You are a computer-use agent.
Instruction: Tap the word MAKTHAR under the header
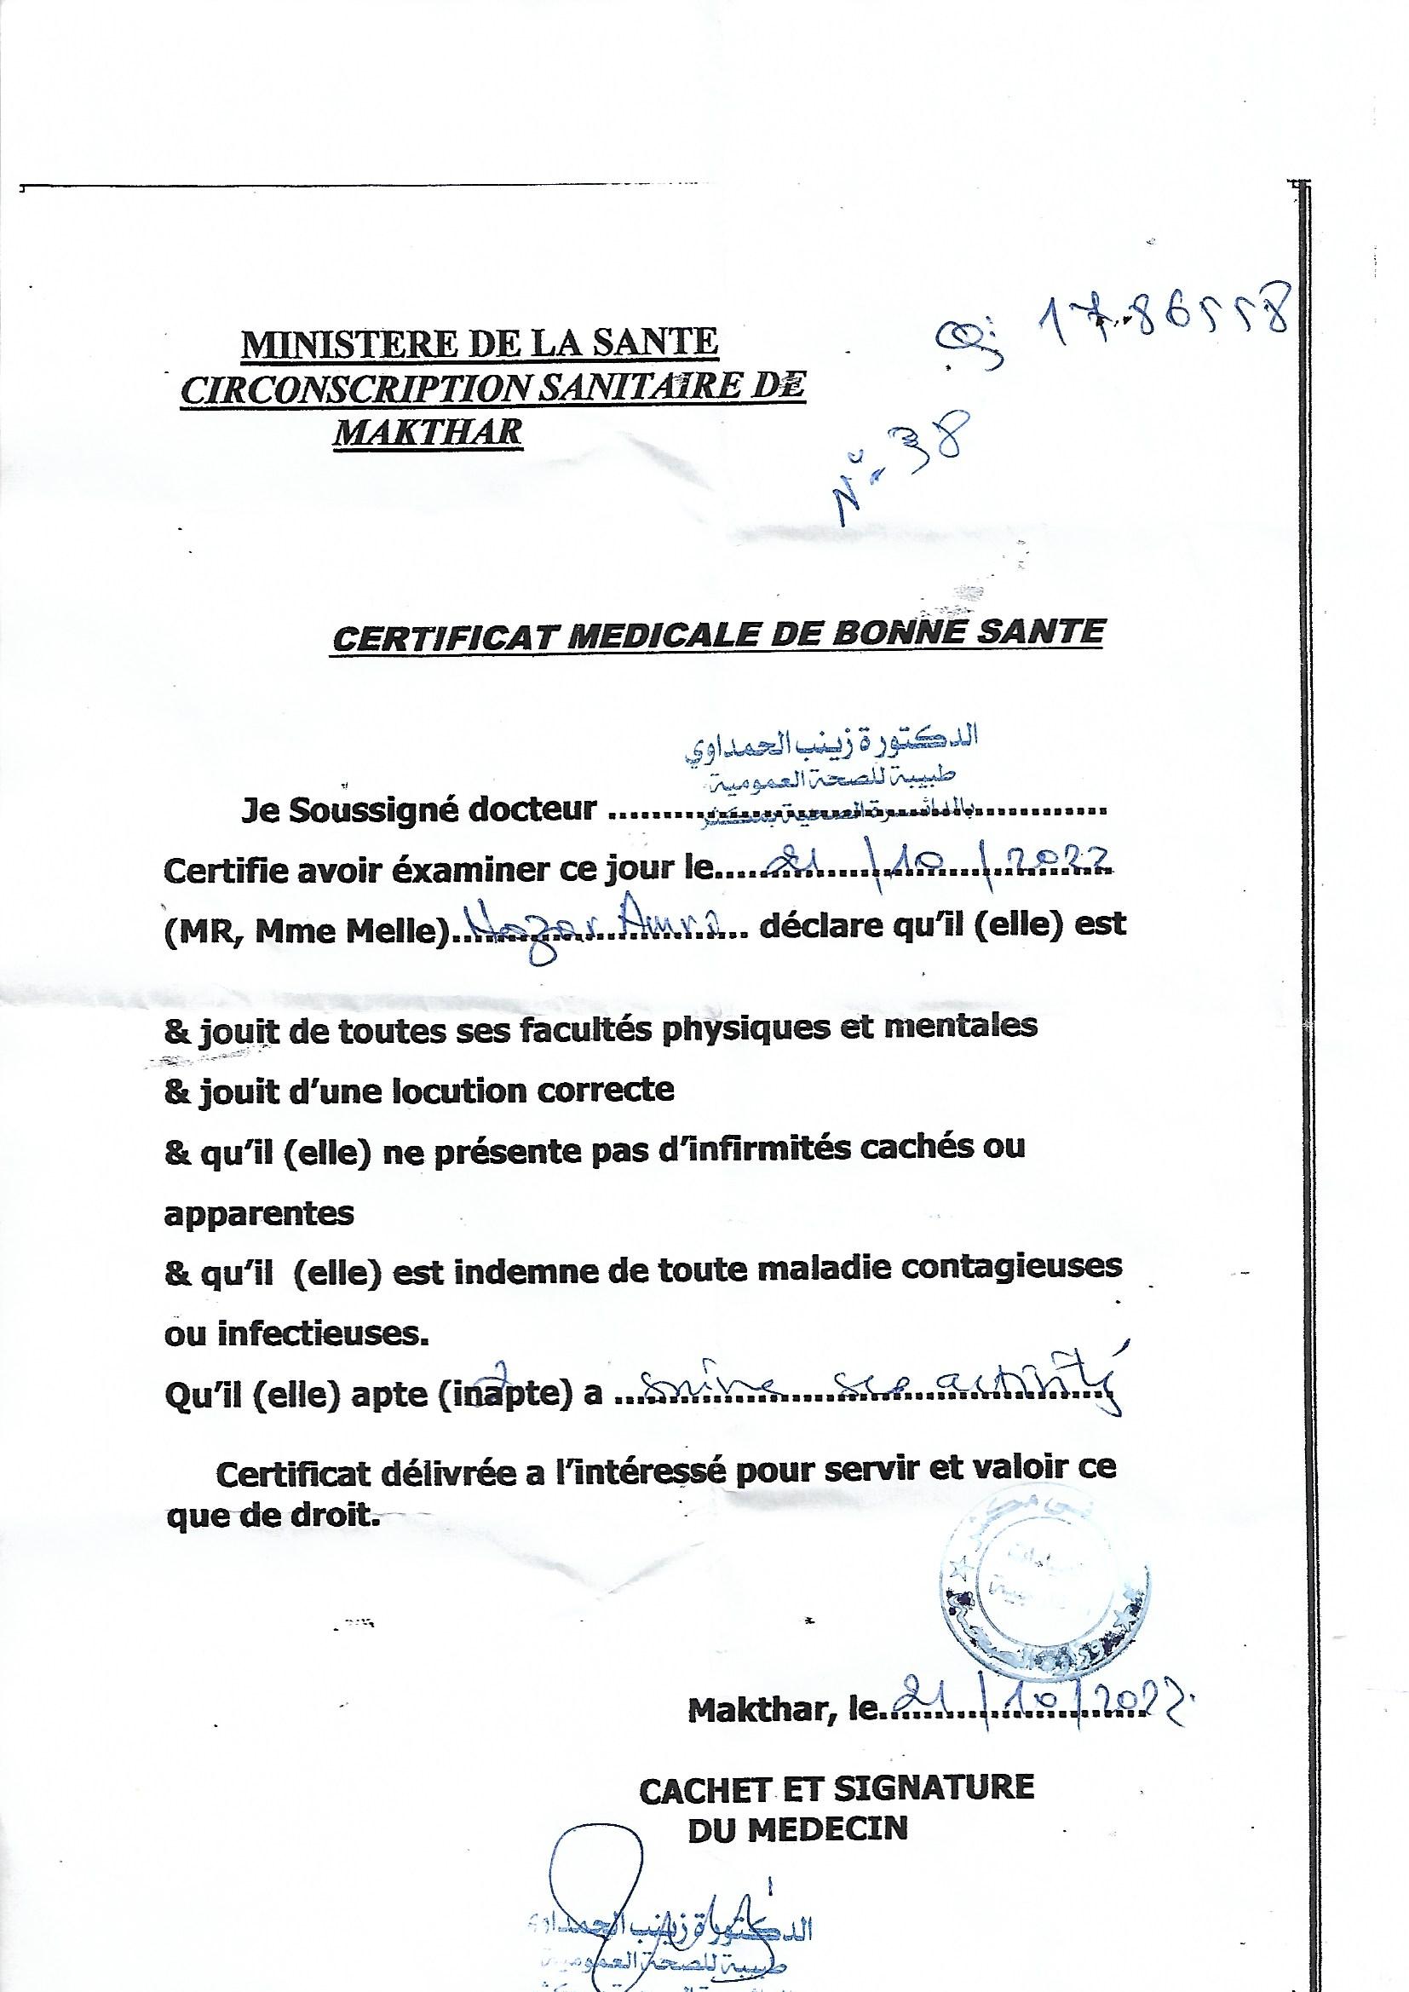click(428, 431)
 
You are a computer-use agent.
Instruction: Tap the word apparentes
click(259, 1213)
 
